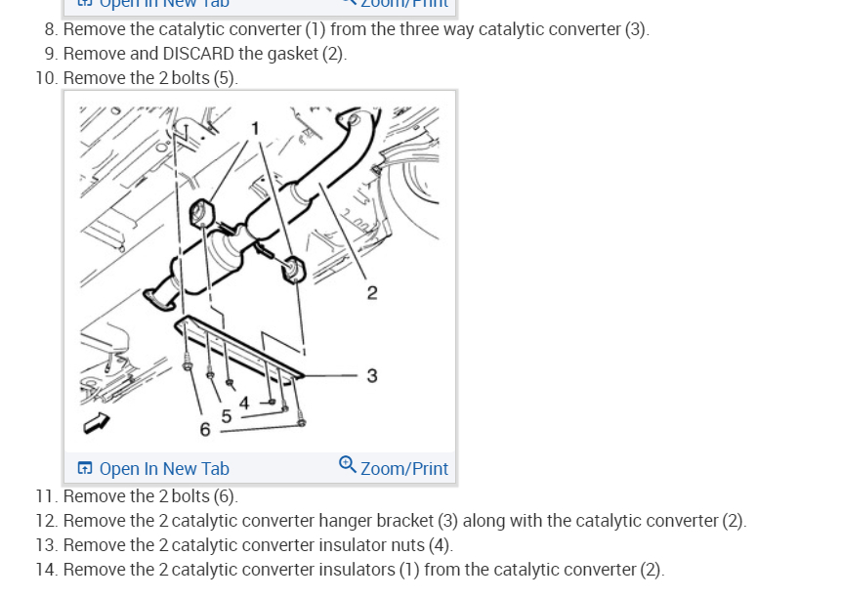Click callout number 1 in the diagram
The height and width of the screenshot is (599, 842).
[255, 128]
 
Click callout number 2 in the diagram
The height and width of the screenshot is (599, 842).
[372, 292]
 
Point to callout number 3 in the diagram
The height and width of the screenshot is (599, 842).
[372, 375]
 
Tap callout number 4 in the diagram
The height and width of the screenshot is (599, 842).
[244, 402]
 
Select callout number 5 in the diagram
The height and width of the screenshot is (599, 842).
[226, 416]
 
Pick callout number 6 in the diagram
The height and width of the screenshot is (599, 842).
[204, 429]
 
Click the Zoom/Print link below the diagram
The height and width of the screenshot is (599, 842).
[403, 468]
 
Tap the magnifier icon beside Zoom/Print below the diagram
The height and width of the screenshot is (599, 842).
[347, 464]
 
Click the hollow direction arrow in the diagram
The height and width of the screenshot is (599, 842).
[98, 422]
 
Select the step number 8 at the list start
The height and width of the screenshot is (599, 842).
[51, 29]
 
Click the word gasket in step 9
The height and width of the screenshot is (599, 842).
[293, 54]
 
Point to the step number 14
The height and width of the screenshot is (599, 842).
[46, 570]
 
